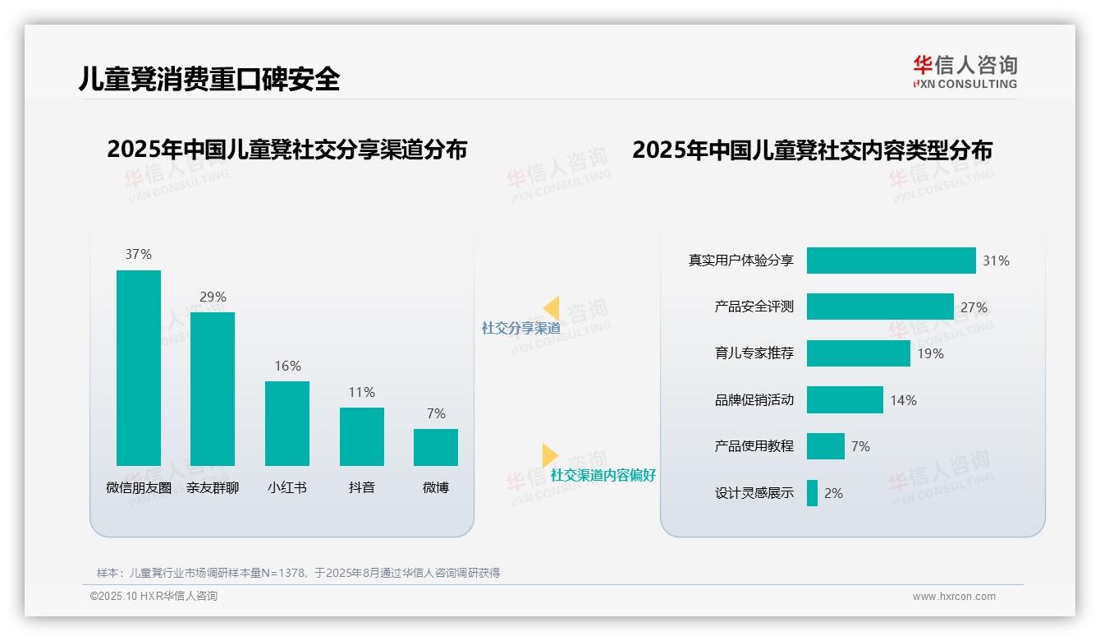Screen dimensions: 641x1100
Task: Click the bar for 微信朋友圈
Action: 139,368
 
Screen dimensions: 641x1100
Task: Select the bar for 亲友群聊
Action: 213,389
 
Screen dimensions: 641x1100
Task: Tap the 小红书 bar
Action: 287,423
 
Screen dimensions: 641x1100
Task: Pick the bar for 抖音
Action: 362,436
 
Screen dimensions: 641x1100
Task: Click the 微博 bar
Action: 436,447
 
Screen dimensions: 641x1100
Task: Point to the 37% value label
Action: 139,255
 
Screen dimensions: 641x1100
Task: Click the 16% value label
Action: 287,367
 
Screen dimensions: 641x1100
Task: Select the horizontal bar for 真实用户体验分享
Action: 891,261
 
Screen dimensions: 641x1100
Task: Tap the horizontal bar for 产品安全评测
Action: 880,307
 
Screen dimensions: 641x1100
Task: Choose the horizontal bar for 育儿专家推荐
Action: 858,353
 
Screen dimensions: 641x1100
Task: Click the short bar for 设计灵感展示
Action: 812,493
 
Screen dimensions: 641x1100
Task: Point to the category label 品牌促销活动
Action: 754,400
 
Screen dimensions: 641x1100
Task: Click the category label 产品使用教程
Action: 754,446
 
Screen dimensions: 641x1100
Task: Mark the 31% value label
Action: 996,261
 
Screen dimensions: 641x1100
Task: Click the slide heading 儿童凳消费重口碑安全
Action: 209,79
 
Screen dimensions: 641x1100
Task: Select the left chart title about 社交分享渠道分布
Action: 287,150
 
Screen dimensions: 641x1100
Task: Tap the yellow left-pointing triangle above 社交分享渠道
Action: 551,308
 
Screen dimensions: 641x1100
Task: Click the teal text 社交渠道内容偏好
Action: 603,476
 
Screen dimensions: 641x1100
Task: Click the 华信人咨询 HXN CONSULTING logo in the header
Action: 965,72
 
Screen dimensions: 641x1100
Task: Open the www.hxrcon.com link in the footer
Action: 954,597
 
